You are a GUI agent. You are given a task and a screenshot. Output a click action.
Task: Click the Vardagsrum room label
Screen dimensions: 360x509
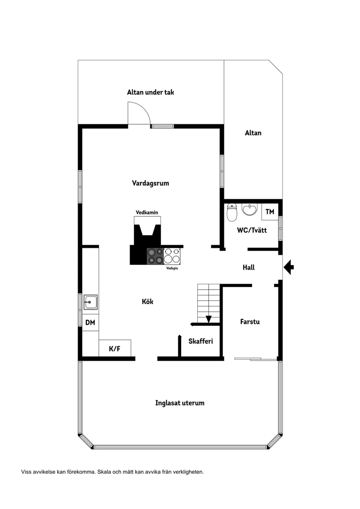(x=151, y=183)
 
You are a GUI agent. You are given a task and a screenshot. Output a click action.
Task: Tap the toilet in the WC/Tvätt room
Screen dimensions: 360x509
(x=232, y=212)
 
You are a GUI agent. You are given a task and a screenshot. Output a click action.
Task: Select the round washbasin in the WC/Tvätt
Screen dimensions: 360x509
(x=250, y=209)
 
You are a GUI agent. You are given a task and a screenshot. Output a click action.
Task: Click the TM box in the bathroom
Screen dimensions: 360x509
(x=270, y=212)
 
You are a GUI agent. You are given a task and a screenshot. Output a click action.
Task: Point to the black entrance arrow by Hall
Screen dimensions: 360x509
(x=288, y=267)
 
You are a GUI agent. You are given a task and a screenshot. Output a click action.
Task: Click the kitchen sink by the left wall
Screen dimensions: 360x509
(x=90, y=302)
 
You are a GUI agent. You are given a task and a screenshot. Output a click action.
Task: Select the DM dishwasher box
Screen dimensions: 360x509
(x=90, y=323)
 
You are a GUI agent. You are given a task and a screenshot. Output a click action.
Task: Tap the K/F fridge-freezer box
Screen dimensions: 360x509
(x=115, y=348)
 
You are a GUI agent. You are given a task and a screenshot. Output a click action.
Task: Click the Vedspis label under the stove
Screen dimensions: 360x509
(x=172, y=269)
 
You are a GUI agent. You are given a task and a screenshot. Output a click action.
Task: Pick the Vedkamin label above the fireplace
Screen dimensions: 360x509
(x=147, y=212)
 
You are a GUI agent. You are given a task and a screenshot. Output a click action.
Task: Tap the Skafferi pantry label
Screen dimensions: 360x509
(x=201, y=341)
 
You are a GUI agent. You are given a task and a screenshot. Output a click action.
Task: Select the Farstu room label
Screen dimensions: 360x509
(x=250, y=322)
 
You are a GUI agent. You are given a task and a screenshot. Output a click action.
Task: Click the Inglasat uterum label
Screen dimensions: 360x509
(x=180, y=403)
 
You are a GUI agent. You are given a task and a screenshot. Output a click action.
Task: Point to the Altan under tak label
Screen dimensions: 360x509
(x=151, y=92)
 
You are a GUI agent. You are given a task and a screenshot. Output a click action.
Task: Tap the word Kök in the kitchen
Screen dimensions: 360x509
(x=147, y=301)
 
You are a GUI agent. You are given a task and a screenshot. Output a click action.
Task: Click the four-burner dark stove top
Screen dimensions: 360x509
(x=155, y=256)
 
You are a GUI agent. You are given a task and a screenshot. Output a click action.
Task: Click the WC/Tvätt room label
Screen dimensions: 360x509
(x=252, y=230)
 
